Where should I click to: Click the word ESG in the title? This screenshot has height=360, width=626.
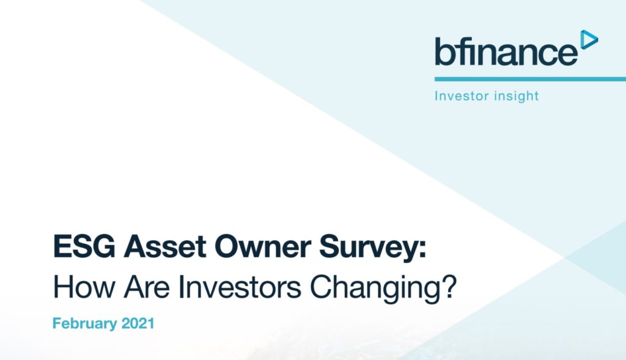click(x=84, y=246)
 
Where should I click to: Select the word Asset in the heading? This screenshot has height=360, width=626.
click(x=165, y=246)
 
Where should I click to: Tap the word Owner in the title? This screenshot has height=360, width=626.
click(x=263, y=246)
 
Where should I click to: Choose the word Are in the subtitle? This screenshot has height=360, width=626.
click(x=147, y=287)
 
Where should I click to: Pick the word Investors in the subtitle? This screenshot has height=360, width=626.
click(x=240, y=287)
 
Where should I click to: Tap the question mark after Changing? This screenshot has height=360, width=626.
click(x=448, y=287)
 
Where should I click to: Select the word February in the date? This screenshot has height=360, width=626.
click(x=84, y=324)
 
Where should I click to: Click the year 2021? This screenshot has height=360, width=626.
click(x=138, y=323)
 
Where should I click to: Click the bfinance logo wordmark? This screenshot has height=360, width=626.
click(x=506, y=51)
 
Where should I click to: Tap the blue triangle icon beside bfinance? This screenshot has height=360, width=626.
click(x=588, y=40)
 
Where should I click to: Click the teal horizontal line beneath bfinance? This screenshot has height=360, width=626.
click(x=530, y=79)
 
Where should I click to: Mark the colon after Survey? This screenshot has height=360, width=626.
click(x=422, y=250)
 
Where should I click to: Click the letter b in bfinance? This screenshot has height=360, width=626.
click(x=443, y=51)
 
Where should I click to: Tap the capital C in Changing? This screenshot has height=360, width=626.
click(x=321, y=287)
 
